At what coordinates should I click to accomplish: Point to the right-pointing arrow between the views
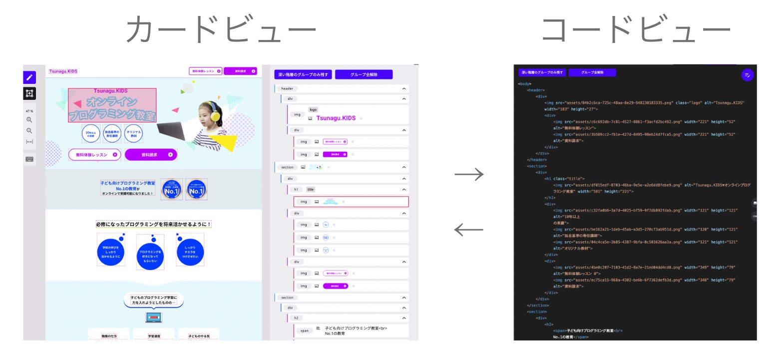point(469,174)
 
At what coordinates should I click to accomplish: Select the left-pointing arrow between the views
point(469,230)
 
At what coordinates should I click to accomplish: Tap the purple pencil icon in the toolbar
point(29,77)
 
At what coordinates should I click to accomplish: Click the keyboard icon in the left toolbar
point(29,159)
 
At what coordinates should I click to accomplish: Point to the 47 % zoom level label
point(29,111)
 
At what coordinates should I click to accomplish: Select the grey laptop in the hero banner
point(171,131)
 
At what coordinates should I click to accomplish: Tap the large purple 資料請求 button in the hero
point(151,155)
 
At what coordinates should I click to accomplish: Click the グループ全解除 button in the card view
point(364,74)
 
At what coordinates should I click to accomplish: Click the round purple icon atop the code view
point(748,75)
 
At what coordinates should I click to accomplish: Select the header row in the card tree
point(287,88)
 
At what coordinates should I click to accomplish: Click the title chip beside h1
point(311,190)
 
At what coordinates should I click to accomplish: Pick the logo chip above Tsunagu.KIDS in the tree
point(313,109)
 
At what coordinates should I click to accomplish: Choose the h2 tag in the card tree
point(296,318)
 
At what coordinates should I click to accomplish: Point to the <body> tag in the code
point(524,84)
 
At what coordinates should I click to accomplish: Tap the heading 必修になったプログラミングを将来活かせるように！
point(154,225)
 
